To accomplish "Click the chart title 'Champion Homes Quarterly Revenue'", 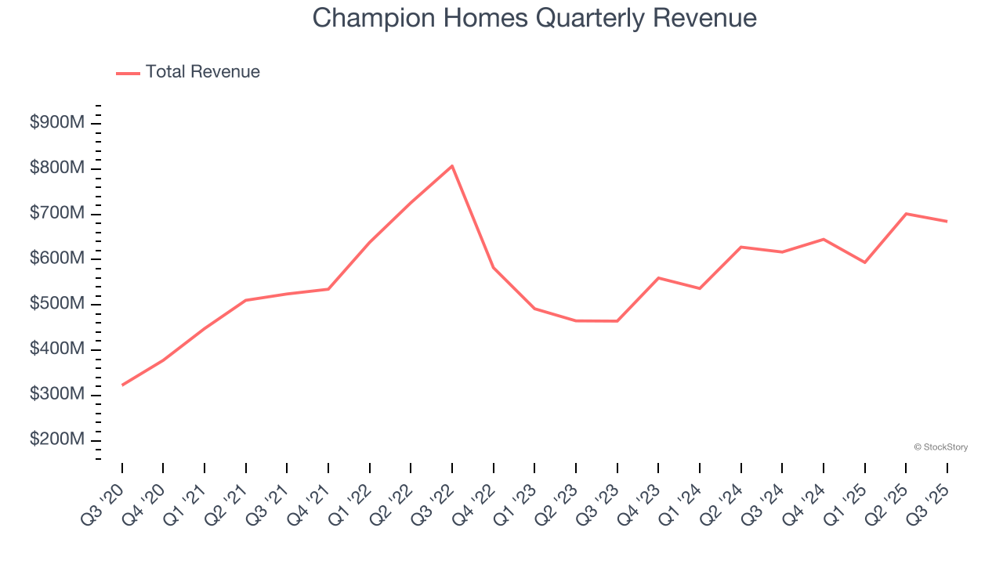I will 534,18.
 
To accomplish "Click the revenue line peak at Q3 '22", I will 452,166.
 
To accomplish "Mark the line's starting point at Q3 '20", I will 122,385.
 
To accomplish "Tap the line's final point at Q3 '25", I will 947,221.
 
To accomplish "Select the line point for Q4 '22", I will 494,268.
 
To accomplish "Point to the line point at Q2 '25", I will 906,214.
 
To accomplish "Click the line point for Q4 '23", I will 658,278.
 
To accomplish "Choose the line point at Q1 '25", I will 864,262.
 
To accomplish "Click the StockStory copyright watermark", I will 940,447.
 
